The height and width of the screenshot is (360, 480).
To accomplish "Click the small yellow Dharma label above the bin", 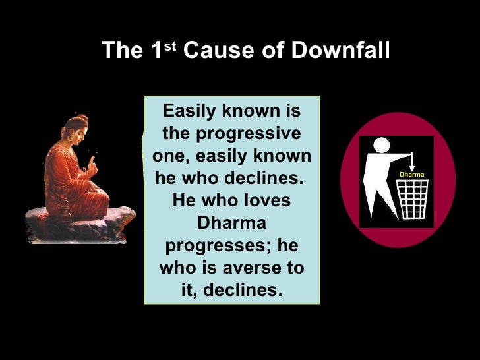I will (411, 175).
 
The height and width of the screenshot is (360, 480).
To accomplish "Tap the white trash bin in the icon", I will (413, 198).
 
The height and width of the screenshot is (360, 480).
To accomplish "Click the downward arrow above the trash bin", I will (411, 160).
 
